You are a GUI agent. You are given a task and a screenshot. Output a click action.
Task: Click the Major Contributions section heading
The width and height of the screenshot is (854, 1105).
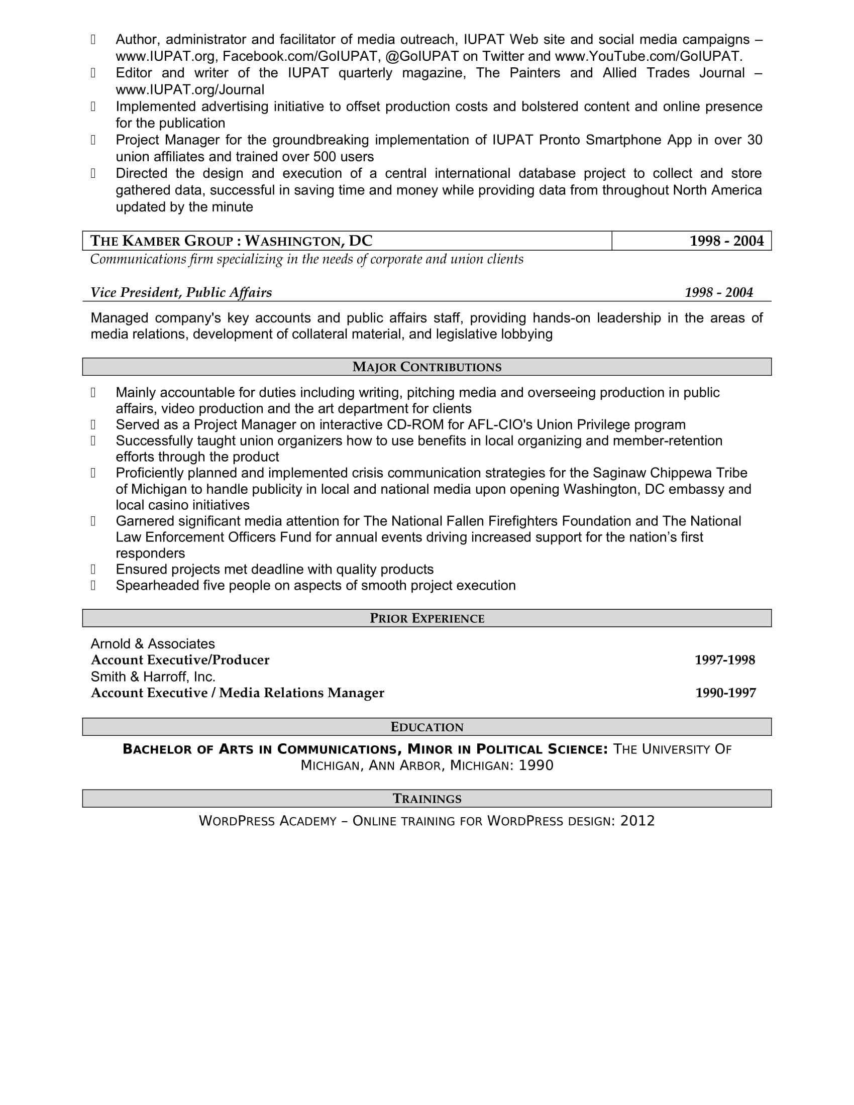(426, 367)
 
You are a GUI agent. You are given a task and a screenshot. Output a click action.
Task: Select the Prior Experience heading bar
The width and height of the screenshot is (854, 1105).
(426, 618)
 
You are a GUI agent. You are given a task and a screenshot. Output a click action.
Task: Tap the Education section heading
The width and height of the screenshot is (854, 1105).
(426, 727)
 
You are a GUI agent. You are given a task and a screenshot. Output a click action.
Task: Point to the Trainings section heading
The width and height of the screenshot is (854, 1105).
(426, 799)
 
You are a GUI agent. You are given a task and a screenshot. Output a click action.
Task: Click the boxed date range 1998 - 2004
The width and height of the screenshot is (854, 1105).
(726, 241)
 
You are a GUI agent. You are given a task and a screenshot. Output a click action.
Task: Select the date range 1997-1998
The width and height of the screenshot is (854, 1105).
(724, 660)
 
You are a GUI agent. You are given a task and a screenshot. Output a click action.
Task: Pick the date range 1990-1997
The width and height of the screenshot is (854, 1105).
(725, 693)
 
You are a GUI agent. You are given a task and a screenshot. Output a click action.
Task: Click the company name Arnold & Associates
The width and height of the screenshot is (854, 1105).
(152, 643)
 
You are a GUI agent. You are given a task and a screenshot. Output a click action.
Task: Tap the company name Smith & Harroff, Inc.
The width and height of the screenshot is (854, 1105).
(153, 677)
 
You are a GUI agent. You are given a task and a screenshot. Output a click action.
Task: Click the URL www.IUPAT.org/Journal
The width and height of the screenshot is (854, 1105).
(190, 89)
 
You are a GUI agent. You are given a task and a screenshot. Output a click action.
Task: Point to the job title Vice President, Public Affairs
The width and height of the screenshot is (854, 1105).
(181, 292)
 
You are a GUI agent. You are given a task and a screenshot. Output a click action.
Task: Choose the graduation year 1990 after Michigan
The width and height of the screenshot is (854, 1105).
(536, 765)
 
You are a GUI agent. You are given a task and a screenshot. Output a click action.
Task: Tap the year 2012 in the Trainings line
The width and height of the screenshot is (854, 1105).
(637, 821)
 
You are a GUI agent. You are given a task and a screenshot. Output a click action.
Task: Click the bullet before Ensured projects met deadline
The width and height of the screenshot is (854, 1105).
(93, 569)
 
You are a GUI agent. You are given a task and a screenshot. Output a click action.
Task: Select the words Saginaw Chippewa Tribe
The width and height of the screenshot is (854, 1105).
(670, 473)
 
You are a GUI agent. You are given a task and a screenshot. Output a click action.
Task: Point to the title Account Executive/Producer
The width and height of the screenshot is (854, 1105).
(180, 660)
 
